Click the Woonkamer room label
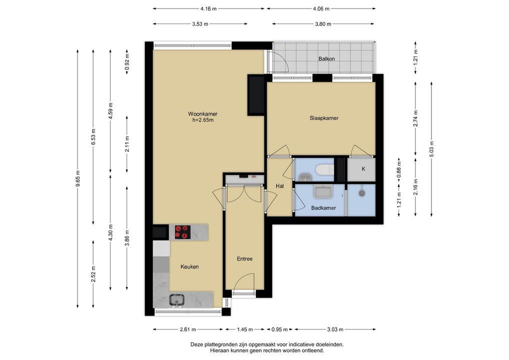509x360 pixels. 202,114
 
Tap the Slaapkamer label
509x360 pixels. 324,118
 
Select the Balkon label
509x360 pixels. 326,59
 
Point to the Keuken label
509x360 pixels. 189,267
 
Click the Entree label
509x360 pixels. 245,258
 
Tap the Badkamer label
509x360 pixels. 323,208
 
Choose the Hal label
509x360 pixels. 279,186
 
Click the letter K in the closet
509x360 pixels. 363,169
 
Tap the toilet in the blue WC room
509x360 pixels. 324,169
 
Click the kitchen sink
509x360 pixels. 176,300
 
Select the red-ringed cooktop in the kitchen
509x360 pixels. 183,232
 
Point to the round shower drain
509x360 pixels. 362,193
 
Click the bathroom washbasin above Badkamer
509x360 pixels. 322,192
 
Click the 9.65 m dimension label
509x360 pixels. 77,178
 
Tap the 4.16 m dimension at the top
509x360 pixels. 208,9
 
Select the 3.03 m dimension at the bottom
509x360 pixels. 335,329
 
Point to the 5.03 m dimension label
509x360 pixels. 431,149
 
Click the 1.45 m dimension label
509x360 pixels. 245,329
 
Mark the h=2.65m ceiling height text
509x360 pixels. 203,120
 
